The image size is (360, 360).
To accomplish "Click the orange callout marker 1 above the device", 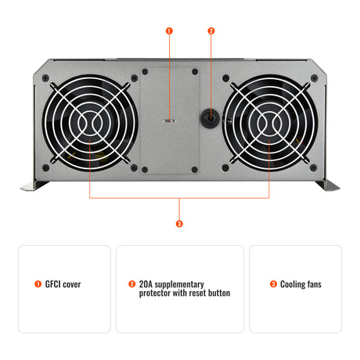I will (x=170, y=31).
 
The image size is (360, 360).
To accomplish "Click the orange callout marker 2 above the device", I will (x=211, y=31).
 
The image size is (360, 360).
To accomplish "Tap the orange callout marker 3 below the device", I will (x=180, y=224).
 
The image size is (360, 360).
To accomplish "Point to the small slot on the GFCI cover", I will (x=170, y=121).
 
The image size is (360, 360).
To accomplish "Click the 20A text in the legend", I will (x=146, y=284).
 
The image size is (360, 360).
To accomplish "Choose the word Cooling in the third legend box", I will (x=293, y=285).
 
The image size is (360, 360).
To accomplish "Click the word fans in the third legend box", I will (x=314, y=285).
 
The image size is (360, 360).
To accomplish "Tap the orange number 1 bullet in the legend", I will (x=38, y=285).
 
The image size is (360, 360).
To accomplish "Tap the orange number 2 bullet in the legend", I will (x=132, y=285).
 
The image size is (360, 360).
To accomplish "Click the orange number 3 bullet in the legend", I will (x=273, y=285).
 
